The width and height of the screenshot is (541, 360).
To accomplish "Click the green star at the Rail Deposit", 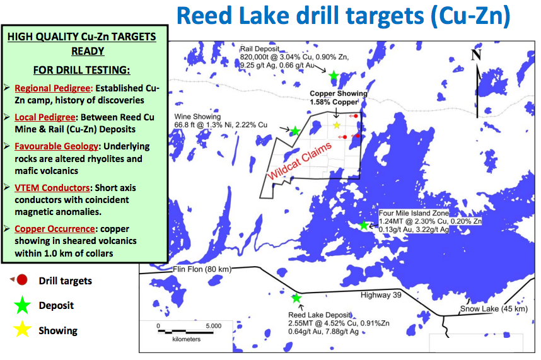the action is click(334, 76).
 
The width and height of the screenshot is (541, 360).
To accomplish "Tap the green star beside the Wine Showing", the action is click(295, 131).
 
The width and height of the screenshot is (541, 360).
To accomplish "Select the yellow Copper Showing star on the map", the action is click(337, 125).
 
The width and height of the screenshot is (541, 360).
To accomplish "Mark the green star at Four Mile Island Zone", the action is click(364, 225).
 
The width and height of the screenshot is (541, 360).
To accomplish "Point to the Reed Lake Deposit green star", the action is click(296, 298).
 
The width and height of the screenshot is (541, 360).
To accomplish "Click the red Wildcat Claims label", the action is click(300, 161).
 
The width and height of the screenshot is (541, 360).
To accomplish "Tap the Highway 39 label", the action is click(381, 295).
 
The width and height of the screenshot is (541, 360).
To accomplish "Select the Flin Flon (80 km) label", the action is click(202, 269).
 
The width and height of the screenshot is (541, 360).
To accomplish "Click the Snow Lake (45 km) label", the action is click(494, 309).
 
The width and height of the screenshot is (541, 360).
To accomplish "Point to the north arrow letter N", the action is click(476, 54).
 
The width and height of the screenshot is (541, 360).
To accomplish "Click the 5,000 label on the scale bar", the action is click(214, 326).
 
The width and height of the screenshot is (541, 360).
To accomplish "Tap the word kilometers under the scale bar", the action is click(186, 339).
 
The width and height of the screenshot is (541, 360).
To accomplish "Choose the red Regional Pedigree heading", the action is click(54, 88).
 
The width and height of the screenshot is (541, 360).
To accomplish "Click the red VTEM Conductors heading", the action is click(52, 188).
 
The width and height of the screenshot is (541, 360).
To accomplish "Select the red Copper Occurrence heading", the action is click(54, 229).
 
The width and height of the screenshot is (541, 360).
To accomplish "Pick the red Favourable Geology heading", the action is click(56, 146).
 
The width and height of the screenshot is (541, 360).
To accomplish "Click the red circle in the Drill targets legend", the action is click(22, 280).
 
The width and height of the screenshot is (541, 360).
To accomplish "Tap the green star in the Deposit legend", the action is click(23, 305).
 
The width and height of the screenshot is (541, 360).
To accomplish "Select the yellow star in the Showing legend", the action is click(23, 329).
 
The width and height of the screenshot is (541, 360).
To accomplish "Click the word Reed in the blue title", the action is click(204, 16).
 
